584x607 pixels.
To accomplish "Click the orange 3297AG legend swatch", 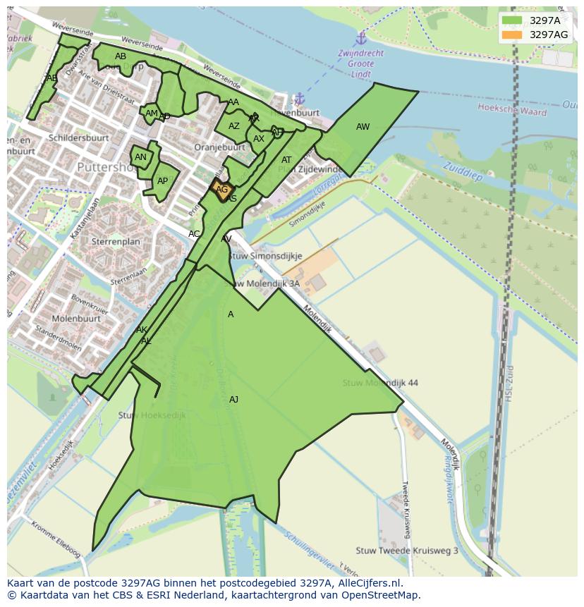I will (x=512, y=35).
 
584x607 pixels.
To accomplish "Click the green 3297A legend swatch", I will (x=512, y=20).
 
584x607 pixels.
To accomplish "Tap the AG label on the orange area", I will (x=222, y=190).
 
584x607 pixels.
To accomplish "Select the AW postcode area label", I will (x=363, y=127).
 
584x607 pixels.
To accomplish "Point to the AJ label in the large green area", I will (x=233, y=400).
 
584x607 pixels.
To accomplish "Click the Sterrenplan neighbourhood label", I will (x=116, y=241).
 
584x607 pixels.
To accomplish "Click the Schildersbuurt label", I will (x=78, y=137).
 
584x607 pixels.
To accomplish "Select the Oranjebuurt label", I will (x=220, y=147).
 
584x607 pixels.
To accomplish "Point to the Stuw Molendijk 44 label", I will (x=380, y=383).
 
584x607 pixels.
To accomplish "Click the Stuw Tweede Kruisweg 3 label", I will (x=407, y=551).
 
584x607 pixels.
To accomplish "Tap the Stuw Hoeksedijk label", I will (x=152, y=415).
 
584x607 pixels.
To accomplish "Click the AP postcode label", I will (x=163, y=181).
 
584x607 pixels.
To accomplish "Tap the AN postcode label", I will (x=140, y=157).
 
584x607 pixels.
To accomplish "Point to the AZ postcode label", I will (x=234, y=126).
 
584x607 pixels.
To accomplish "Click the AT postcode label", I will (x=286, y=160).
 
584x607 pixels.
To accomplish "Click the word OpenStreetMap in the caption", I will (x=378, y=595).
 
